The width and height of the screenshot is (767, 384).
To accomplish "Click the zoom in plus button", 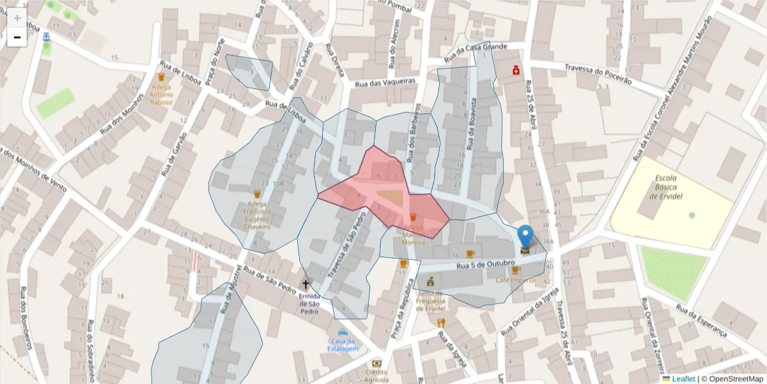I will [17, 18].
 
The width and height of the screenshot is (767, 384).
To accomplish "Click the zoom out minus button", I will [17, 38].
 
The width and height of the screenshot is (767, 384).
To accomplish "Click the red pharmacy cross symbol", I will [515, 71].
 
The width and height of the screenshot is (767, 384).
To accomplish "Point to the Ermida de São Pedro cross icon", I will [306, 284].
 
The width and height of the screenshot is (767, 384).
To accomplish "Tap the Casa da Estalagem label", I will [343, 344].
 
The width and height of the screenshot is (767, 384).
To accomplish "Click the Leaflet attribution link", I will [683, 379].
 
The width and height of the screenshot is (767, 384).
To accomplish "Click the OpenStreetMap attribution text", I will [732, 379].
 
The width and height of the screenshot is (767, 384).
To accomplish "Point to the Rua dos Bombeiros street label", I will [26, 319].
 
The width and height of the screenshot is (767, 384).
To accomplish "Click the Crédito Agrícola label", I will [376, 375].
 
